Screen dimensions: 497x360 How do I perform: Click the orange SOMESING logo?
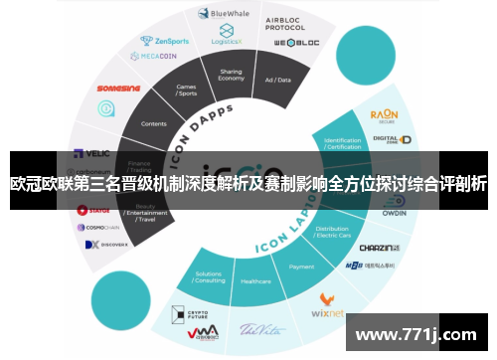click(x=119, y=87)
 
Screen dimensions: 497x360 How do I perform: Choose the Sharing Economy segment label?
click(x=231, y=76)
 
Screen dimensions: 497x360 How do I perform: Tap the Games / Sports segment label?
click(x=186, y=90)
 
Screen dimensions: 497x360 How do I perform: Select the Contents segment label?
click(x=154, y=123)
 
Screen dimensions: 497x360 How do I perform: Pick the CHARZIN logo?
click(x=378, y=247)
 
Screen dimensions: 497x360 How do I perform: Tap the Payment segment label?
click(x=301, y=267)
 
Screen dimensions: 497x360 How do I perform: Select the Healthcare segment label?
click(x=254, y=281)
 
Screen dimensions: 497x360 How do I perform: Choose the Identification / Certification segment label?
click(x=344, y=143)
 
